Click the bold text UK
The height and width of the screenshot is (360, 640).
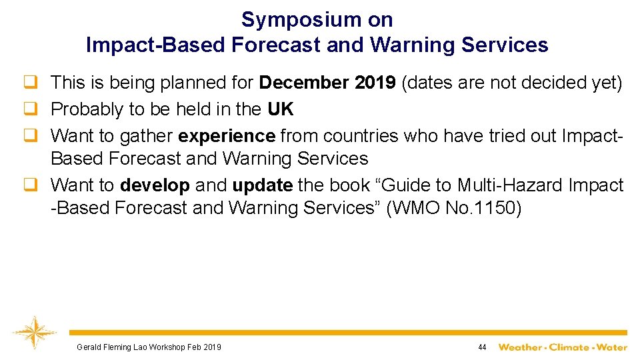click(281, 109)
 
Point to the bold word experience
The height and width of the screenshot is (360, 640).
click(227, 136)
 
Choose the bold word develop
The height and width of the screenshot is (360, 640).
click(155, 185)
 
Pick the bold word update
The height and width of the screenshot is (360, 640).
click(262, 185)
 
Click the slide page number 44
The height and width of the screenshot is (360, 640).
click(482, 347)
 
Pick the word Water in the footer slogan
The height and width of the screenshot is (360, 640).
click(611, 347)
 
